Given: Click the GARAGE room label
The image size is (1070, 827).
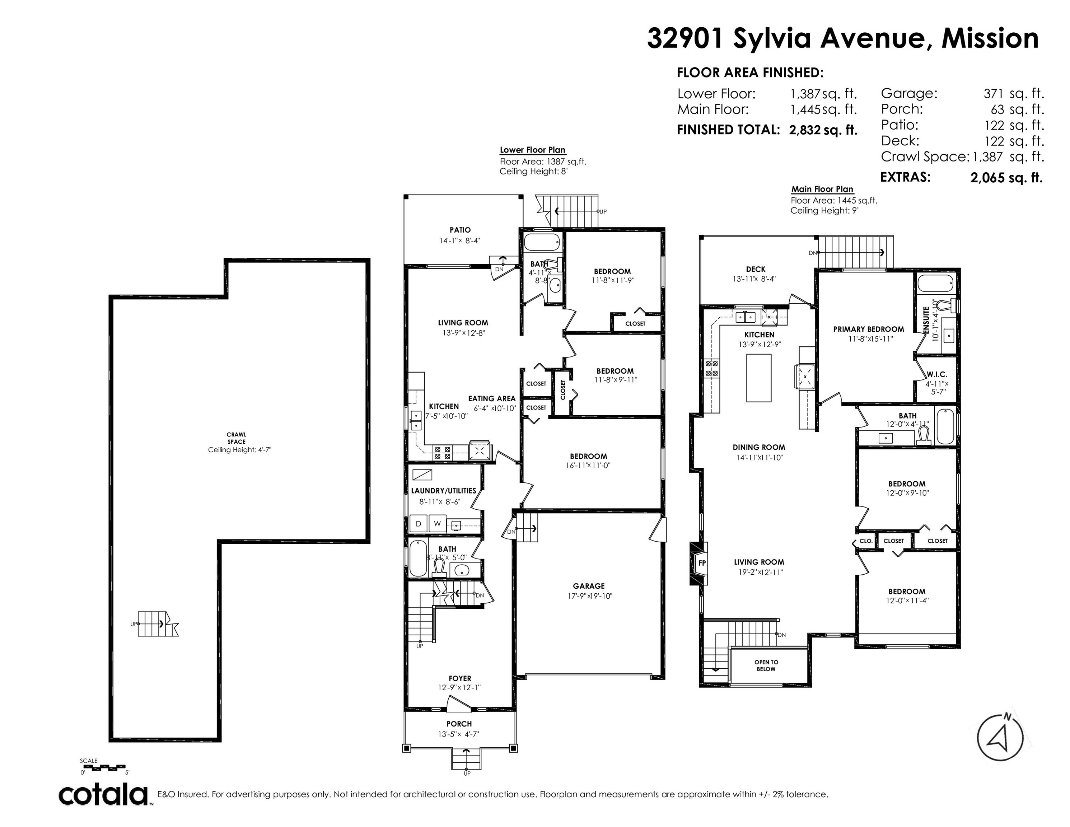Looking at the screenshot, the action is point(589,586).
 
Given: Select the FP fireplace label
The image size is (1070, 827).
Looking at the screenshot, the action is point(702,563).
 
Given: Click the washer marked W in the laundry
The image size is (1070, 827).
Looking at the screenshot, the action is point(438,524).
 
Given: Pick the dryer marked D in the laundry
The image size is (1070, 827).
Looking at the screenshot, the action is point(419,524).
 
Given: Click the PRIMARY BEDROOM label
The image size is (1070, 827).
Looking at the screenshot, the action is point(869,329).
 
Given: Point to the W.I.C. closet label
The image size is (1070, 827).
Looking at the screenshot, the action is point(937,374).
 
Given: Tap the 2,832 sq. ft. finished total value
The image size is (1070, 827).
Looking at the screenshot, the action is point(823,130).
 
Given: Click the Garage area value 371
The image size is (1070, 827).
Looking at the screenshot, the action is point(994,94).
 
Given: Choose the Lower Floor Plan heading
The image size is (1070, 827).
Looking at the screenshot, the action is point(533,150).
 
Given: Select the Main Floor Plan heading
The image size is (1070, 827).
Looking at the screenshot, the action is point(822,189).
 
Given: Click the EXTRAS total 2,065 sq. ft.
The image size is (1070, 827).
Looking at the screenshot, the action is point(1006,177).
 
